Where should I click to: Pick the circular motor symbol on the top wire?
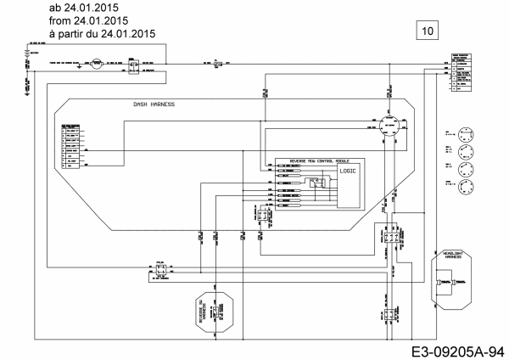pos(97,64)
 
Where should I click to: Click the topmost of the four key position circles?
pos(464,132)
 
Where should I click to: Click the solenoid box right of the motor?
pos(133,64)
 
